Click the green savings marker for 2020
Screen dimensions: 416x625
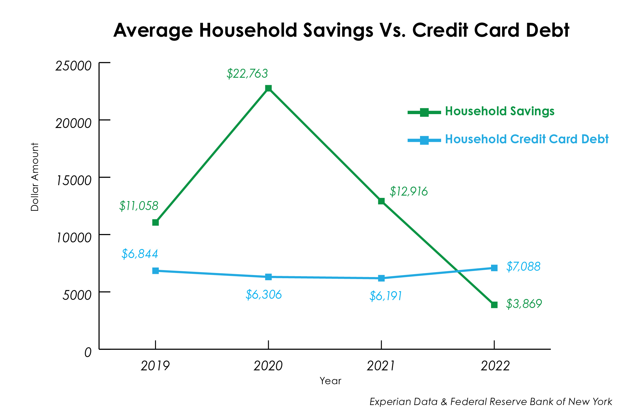pos(268,88)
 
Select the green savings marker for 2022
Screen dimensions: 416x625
pos(494,305)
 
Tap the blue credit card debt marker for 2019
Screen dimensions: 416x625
pos(155,271)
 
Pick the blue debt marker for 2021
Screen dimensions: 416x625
pos(381,278)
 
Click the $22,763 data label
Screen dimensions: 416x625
pos(247,74)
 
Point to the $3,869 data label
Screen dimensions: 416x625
pos(524,304)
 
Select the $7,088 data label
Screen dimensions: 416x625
pos(523,267)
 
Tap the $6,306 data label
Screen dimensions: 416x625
pos(264,295)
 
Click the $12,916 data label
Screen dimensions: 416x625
pos(408,192)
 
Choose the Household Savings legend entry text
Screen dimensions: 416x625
pos(499,111)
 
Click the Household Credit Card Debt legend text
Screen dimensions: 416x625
pos(527,139)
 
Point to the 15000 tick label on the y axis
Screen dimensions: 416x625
pos(74,181)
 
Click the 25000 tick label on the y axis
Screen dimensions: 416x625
pos(73,66)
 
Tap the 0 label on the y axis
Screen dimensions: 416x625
pos(88,352)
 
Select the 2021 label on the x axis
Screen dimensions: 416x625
pos(380,366)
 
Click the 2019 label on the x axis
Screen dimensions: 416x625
pos(155,366)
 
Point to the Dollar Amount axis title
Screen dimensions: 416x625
pos(35,177)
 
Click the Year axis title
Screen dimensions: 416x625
pos(330,381)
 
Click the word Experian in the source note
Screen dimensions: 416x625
pos(389,402)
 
